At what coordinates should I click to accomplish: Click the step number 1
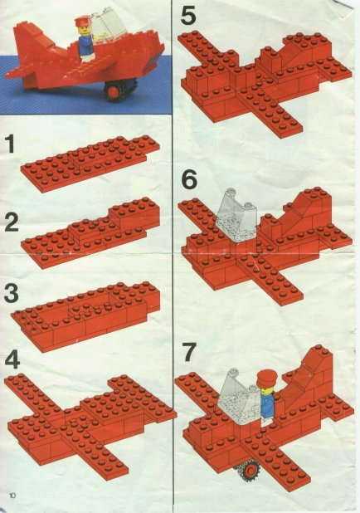click(x=10, y=145)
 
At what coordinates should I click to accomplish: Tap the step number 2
click(x=11, y=222)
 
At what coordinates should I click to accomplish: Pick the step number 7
click(x=189, y=351)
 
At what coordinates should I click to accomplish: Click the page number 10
click(x=12, y=496)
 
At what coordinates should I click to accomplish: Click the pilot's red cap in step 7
click(x=266, y=378)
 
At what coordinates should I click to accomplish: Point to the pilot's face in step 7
click(x=266, y=388)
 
